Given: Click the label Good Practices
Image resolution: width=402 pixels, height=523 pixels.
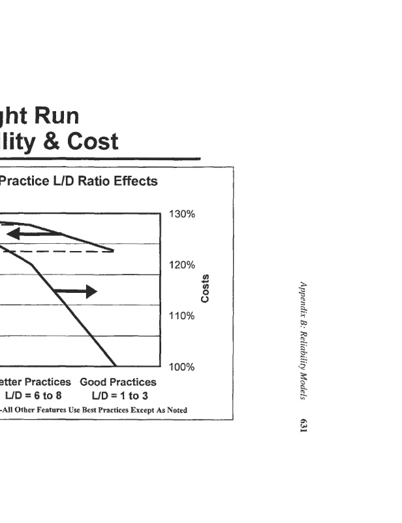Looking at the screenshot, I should (x=118, y=382).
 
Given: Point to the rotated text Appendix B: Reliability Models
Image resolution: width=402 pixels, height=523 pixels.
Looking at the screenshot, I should (x=303, y=341).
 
